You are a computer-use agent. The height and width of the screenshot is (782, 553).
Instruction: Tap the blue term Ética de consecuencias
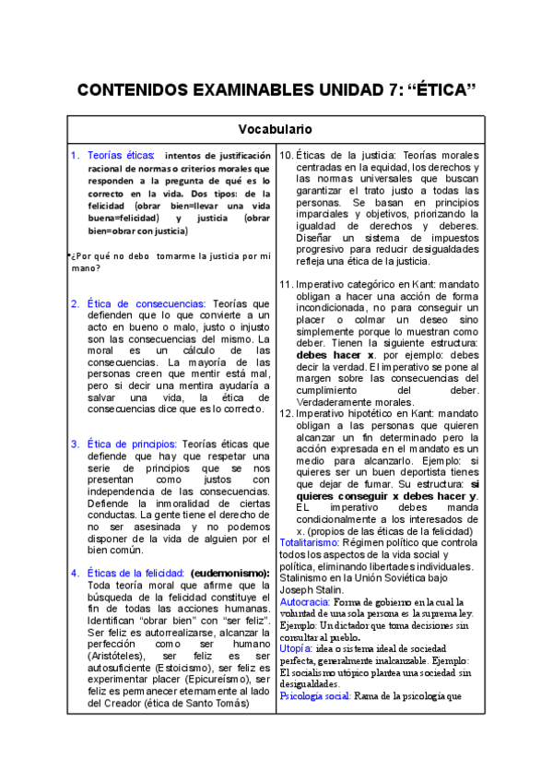click(x=147, y=302)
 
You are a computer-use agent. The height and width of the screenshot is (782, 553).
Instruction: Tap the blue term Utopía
click(x=295, y=649)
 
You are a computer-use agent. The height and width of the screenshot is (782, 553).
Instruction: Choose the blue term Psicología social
click(x=313, y=695)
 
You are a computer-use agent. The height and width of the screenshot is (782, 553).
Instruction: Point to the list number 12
click(x=286, y=414)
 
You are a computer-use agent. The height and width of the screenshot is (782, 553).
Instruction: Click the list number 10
click(x=286, y=155)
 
